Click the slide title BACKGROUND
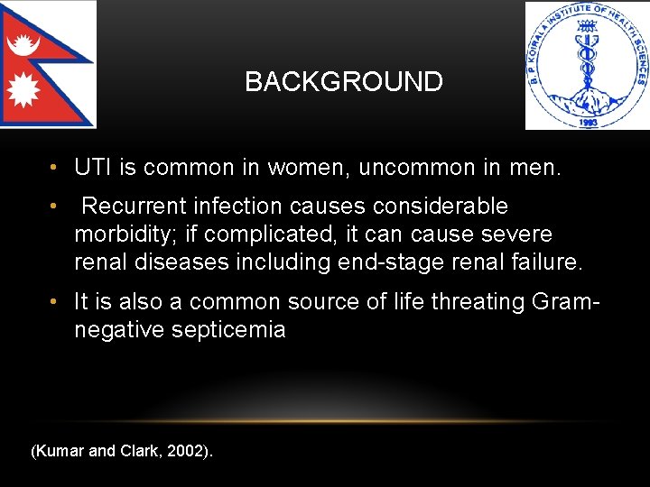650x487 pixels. [x=344, y=82]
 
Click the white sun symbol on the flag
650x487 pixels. [x=22, y=89]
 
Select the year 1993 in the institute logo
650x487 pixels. [x=588, y=120]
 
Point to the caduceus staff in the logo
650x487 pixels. [x=588, y=68]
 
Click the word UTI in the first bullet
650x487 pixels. [x=92, y=168]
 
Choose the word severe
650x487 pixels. [x=520, y=234]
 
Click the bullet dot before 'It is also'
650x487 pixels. [x=55, y=302]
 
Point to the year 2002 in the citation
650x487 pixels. [x=189, y=451]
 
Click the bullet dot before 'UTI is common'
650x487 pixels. [x=55, y=168]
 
